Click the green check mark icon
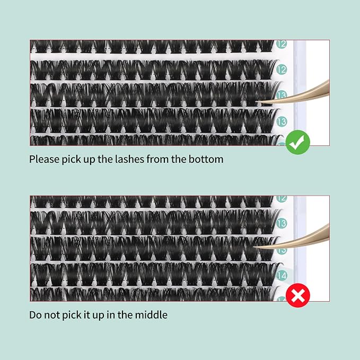298,142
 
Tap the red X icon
298,295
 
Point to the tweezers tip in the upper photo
256,102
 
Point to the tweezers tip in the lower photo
254,247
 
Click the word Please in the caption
45,160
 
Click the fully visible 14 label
282,275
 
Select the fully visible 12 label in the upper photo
282,69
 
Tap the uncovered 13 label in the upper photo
282,121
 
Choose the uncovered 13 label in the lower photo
282,223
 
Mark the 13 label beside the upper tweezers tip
282,94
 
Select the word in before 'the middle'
111,315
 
